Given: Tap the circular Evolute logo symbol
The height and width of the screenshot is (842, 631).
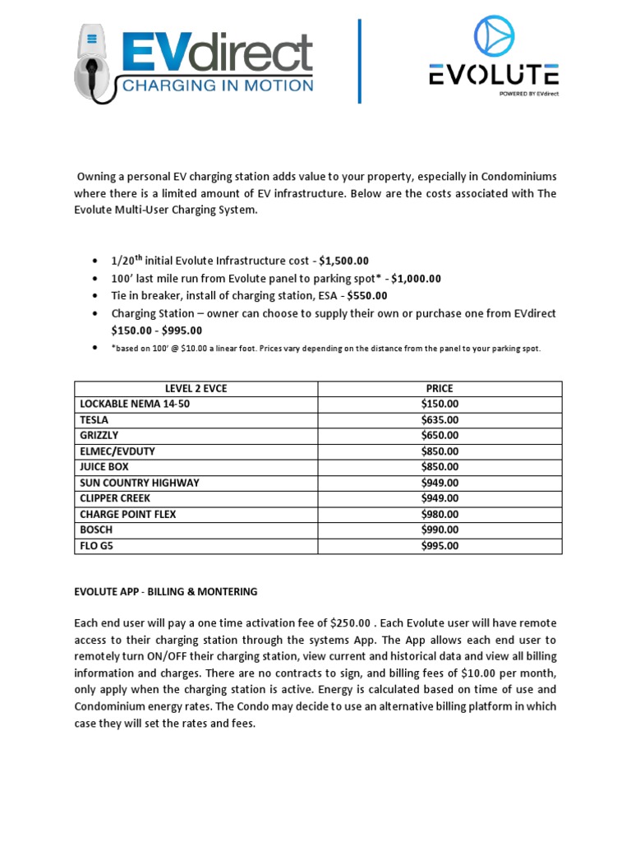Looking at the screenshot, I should point(493,38).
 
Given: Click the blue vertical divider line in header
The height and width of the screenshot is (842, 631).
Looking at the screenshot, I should point(359,62).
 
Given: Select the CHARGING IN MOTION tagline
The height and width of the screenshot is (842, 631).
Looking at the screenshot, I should point(217,86).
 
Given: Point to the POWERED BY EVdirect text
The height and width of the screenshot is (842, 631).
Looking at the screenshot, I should point(528,94).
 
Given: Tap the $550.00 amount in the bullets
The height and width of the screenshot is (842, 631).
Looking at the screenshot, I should point(366,295).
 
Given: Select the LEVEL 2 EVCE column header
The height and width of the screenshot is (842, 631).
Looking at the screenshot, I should point(196,388).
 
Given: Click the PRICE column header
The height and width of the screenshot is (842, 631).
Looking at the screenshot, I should point(440,388).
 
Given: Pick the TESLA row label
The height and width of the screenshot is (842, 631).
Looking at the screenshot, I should point(94,419).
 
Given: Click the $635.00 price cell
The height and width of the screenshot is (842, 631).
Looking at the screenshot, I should point(440,419).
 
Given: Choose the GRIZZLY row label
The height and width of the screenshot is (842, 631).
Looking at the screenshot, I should point(99,435).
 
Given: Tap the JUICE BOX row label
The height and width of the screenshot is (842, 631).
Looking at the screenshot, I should point(104,466).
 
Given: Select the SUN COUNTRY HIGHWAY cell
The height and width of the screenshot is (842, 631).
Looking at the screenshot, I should point(139,483).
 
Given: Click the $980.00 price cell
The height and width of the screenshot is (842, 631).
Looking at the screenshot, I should point(440,514).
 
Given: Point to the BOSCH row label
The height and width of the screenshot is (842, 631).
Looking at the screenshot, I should point(95,530).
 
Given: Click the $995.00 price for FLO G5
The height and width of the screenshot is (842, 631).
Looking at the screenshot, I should point(440,546).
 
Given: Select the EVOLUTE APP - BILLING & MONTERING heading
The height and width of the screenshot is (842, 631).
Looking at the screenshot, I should point(165,591).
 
